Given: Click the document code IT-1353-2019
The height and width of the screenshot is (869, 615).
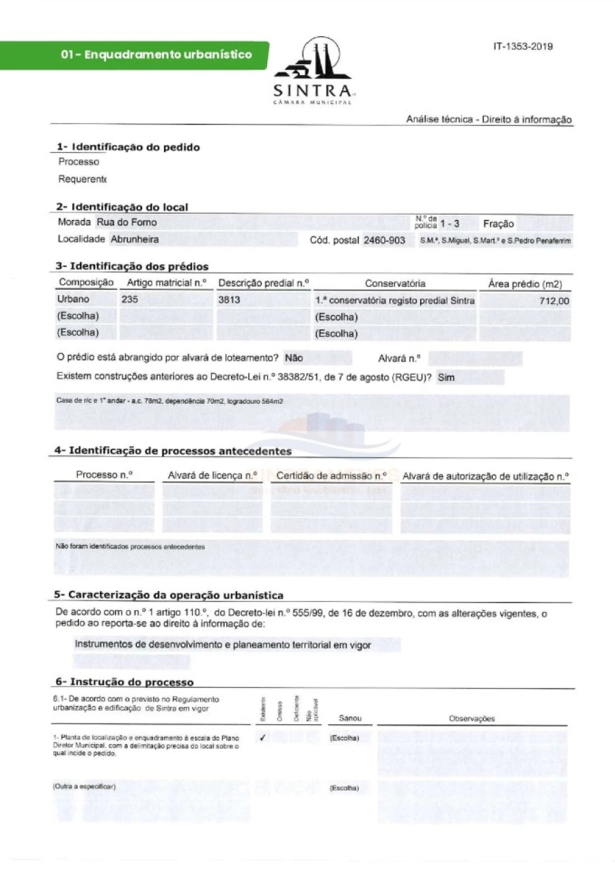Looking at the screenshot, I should (x=523, y=46).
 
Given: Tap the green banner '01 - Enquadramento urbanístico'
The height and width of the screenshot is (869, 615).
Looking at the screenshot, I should (x=156, y=55).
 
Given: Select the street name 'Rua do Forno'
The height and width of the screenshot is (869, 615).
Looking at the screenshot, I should (x=126, y=222).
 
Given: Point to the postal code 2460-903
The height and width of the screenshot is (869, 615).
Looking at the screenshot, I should (x=384, y=240).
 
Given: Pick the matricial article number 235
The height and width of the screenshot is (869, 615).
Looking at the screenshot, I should (x=129, y=299).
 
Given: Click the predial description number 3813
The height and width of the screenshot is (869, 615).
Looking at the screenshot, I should (x=229, y=299).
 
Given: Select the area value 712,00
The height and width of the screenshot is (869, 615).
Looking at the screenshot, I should (x=554, y=301).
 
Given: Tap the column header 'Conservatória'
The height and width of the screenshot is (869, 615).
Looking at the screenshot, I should (x=395, y=284).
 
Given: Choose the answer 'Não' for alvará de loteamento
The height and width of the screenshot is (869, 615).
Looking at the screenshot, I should (x=294, y=357).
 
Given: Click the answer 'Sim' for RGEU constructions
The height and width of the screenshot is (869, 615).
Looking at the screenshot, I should (x=446, y=376).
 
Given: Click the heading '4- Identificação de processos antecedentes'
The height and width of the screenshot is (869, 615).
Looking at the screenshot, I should (x=173, y=451).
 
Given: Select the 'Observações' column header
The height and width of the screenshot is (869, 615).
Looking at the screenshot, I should (x=471, y=719).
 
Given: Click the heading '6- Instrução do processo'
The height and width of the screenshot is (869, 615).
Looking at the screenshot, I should (x=124, y=682).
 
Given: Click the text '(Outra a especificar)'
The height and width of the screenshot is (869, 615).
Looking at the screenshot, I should (x=85, y=787).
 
